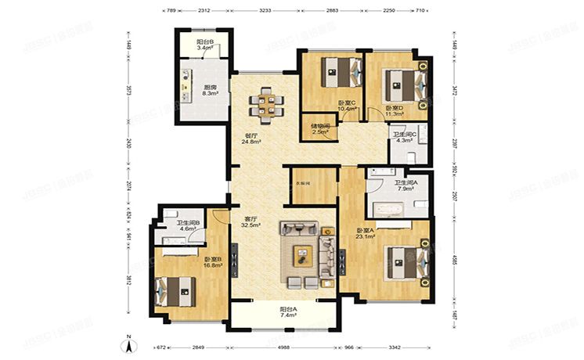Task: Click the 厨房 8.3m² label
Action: [209, 91]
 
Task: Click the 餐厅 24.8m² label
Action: [251, 139]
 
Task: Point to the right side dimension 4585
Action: [455, 255]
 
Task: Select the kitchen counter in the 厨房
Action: [187, 88]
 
